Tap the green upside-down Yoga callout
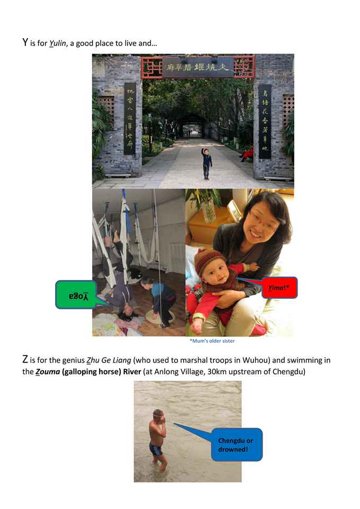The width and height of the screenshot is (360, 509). coord(75,295)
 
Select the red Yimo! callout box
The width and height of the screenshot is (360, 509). coord(279,287)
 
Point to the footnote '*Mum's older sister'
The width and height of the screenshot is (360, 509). coord(212,341)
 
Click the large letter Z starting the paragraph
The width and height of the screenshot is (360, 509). coord(25,359)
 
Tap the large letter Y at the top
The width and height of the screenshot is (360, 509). coord(25,43)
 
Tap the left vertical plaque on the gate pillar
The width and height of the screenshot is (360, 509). coord(130,119)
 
